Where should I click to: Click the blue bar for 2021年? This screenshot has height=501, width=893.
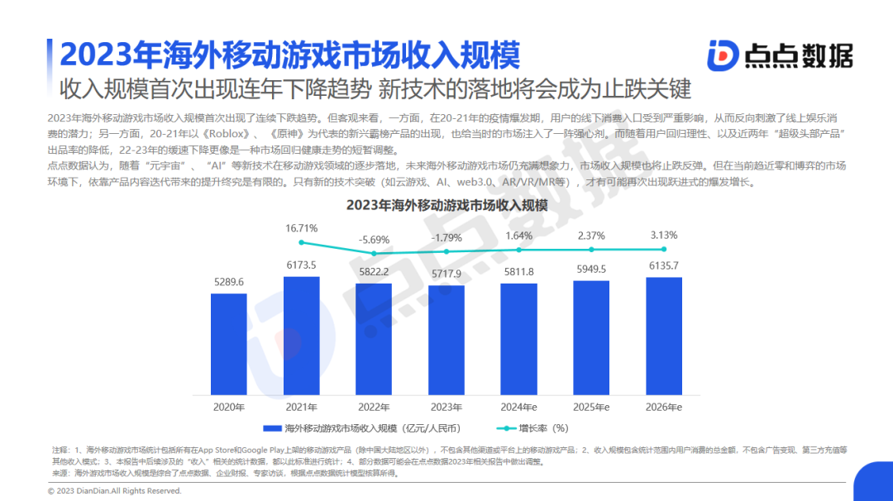302,335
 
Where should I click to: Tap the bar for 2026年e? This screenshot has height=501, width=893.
664,336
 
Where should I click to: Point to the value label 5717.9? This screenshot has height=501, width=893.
446,274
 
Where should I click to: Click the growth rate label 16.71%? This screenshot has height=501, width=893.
302,227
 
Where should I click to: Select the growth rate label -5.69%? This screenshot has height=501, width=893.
374,239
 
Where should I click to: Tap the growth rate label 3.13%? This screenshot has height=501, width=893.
664,235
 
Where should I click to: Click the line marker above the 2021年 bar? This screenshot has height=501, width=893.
302,242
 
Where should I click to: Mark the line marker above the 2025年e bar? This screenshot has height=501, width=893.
591,249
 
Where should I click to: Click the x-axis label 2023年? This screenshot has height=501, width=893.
446,407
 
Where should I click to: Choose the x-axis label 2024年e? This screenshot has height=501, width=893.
519,407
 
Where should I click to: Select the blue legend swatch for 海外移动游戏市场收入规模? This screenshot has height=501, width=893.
272,428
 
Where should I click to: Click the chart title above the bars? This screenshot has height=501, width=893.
446,204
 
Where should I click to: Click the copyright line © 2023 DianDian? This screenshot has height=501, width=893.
114,490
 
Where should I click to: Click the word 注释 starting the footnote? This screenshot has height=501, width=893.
60,449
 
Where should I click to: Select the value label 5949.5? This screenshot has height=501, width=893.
591,269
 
